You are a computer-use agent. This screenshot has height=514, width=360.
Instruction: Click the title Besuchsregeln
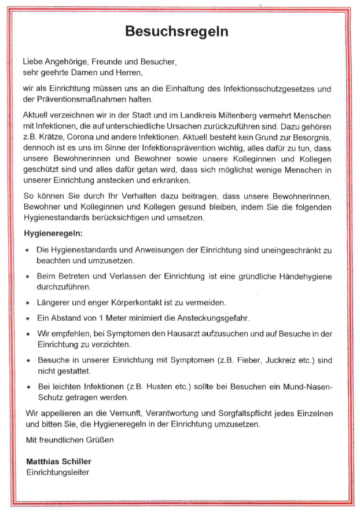(x=177, y=31)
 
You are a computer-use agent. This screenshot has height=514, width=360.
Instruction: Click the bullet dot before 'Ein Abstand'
(x=28, y=318)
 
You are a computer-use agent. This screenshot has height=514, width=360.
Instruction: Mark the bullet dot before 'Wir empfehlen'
(x=28, y=334)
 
